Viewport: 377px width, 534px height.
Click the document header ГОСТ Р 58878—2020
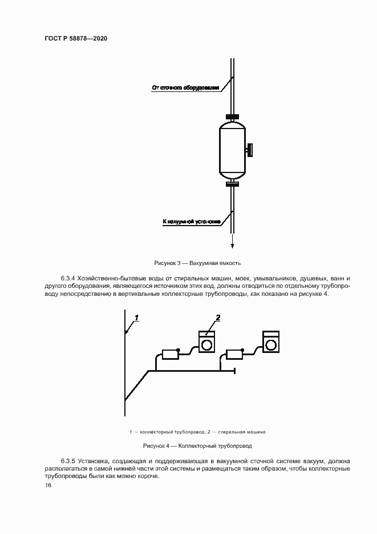[x=76, y=38]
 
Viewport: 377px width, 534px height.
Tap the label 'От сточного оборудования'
[x=185, y=88]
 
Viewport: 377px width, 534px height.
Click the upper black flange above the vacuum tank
[x=232, y=118]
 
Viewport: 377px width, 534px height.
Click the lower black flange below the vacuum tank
[x=232, y=184]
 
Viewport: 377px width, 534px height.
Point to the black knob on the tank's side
[x=250, y=151]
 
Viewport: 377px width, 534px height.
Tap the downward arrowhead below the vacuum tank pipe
[x=233, y=246]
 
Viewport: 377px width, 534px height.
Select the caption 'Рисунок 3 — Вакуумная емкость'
[x=197, y=263]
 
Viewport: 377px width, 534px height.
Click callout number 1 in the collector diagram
[x=137, y=318]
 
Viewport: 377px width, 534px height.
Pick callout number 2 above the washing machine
[x=217, y=318]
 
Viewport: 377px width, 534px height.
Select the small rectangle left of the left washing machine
[x=170, y=354]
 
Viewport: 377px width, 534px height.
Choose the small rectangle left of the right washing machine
[x=234, y=354]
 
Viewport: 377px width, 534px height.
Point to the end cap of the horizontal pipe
[x=235, y=371]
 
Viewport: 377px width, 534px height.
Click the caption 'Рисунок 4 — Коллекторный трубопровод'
[x=197, y=445]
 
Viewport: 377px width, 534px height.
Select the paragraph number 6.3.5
[x=68, y=460]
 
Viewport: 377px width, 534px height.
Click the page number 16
[x=48, y=485]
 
